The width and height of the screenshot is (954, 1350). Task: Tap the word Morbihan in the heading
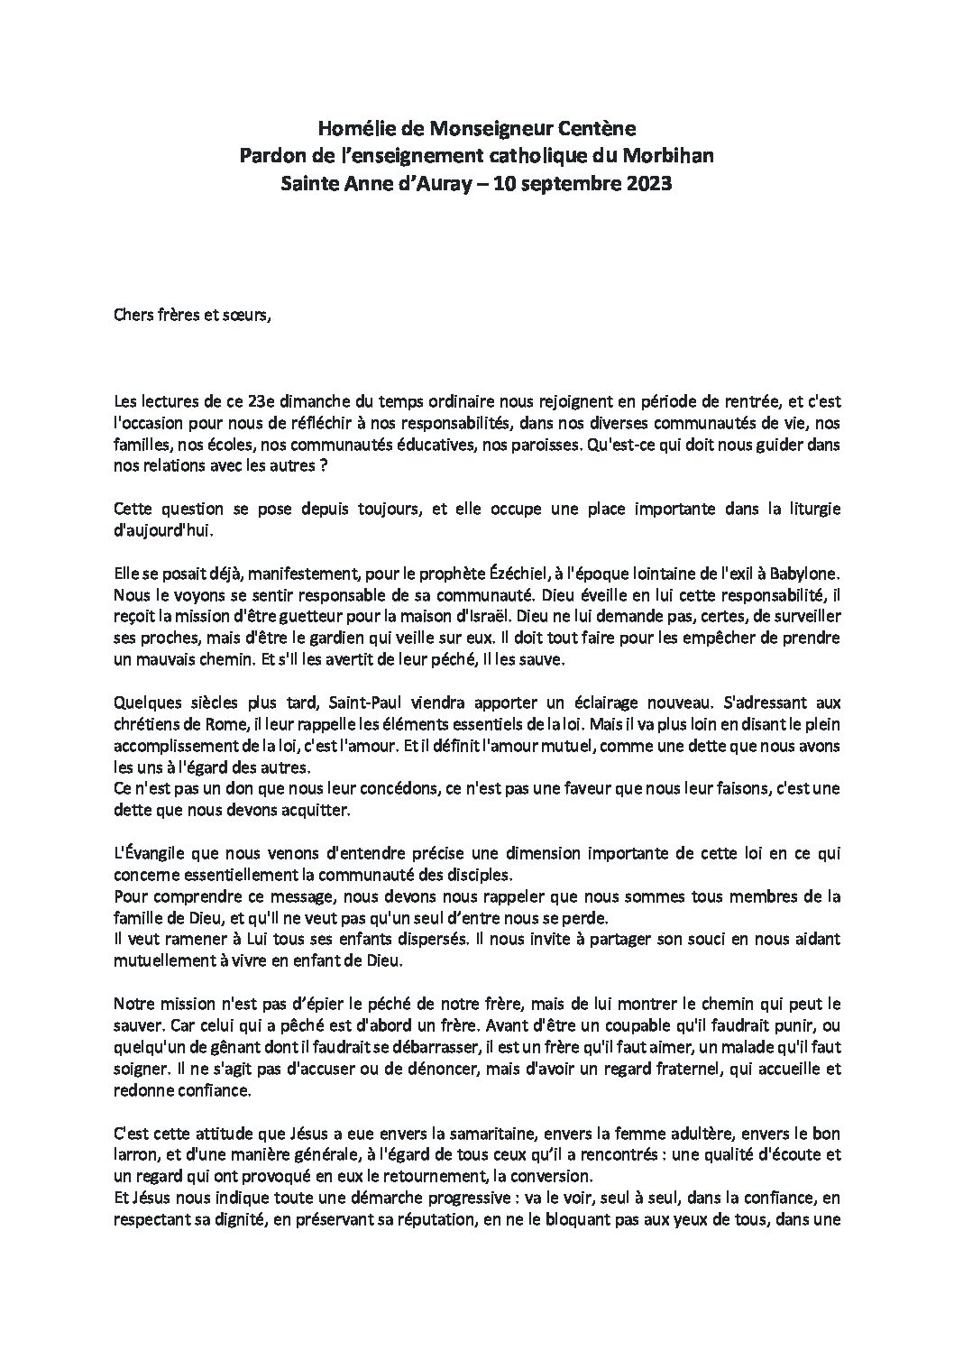(x=667, y=157)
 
